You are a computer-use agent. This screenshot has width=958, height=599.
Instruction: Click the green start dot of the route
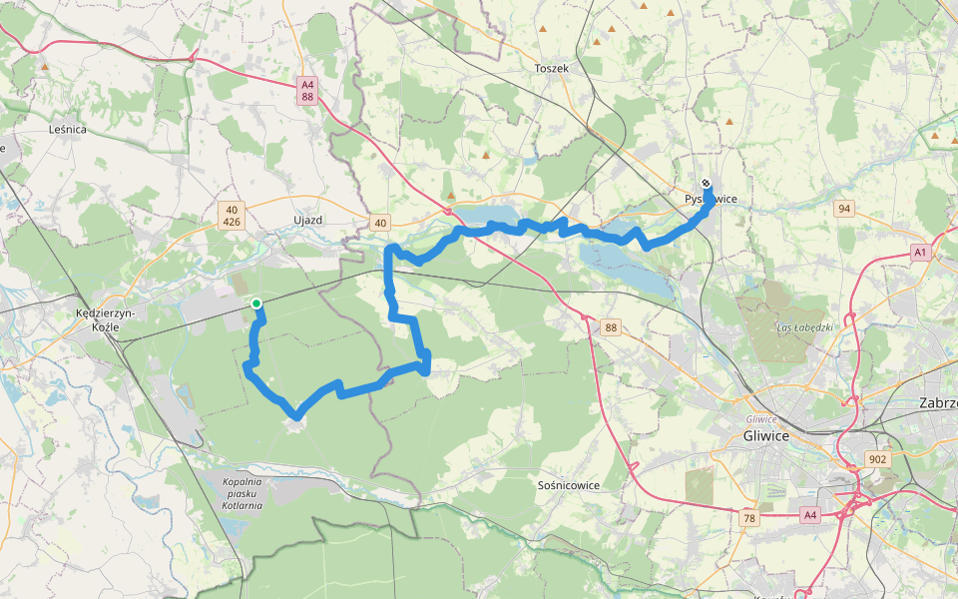(256, 303)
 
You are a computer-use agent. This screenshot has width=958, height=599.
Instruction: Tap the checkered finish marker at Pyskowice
(706, 184)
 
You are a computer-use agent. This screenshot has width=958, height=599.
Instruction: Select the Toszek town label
(551, 69)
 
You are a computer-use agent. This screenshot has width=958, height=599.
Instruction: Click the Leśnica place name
(68, 130)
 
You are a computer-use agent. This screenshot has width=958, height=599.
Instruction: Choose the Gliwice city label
(766, 436)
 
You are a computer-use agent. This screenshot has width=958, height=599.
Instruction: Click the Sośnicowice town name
(568, 485)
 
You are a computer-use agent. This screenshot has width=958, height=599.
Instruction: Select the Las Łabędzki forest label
(804, 327)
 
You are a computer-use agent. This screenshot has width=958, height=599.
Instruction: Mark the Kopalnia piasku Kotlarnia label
(242, 493)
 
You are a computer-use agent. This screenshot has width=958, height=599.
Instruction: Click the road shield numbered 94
(844, 208)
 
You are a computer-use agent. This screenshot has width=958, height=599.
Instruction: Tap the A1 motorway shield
(919, 254)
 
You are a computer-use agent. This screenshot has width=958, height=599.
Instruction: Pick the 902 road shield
(877, 459)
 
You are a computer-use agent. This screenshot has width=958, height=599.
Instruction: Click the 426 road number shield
(232, 222)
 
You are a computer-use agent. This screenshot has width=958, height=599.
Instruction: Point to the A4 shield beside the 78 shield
(809, 515)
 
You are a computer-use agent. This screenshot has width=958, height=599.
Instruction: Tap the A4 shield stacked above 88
(307, 86)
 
